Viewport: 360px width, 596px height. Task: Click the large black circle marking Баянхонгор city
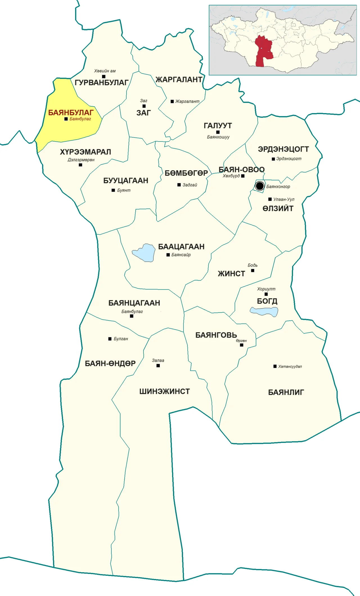[260, 186]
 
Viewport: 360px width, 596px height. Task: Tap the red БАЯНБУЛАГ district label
[71, 113]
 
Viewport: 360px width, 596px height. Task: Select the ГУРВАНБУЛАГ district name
[102, 82]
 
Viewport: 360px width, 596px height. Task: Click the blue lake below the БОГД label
[264, 312]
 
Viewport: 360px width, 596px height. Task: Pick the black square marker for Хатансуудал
[275, 366]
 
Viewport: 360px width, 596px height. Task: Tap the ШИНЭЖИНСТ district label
[165, 391]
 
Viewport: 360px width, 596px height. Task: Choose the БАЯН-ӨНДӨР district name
[110, 363]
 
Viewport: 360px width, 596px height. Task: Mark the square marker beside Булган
[110, 339]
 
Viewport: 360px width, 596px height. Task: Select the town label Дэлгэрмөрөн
[81, 160]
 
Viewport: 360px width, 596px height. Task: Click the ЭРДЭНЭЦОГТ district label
[283, 149]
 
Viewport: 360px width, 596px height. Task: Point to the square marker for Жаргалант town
[172, 101]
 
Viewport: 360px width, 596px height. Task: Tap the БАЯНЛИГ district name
[286, 392]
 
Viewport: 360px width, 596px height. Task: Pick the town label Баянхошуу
[218, 137]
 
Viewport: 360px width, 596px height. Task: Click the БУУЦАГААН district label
[126, 180]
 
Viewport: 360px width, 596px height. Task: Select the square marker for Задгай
[179, 185]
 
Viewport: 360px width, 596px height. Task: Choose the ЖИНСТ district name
[231, 274]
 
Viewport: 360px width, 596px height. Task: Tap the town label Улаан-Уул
[284, 199]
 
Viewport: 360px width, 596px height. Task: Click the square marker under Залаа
[158, 366]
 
